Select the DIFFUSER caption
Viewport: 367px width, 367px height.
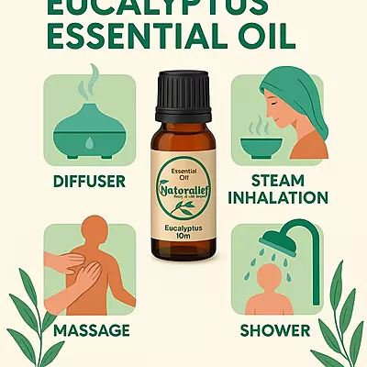pyautogui.click(x=89, y=181)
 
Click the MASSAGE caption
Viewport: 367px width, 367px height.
pyautogui.click(x=90, y=330)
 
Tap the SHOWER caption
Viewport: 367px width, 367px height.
pyautogui.click(x=276, y=330)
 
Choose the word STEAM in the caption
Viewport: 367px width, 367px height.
pyautogui.click(x=276, y=181)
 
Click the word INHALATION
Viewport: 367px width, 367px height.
pyautogui.click(x=276, y=197)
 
